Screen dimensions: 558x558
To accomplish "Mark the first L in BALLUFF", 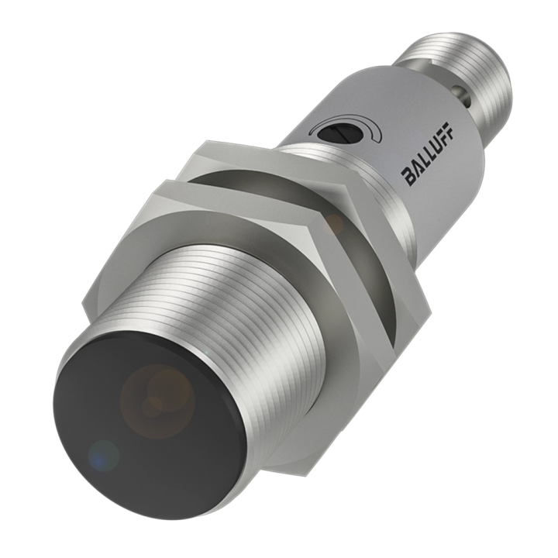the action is coord(423,158).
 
